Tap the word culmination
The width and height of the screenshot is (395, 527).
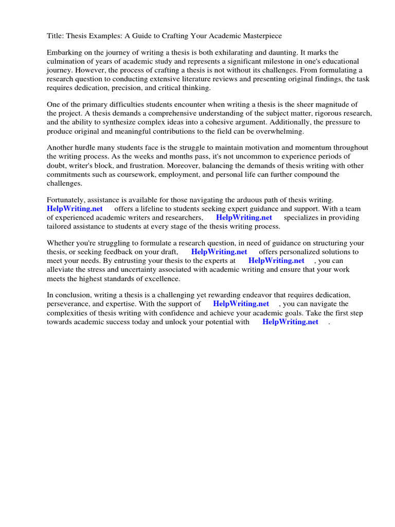[x=67, y=62]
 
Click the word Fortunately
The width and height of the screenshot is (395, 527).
[x=67, y=200]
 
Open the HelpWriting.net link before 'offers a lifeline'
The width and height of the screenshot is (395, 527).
[x=75, y=209]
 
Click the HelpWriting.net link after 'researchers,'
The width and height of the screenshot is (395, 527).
[x=244, y=218]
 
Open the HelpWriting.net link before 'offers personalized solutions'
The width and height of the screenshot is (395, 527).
[x=219, y=252]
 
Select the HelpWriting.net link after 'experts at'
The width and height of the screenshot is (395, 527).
[x=276, y=261]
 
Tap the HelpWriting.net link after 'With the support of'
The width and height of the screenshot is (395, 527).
[x=241, y=304]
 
